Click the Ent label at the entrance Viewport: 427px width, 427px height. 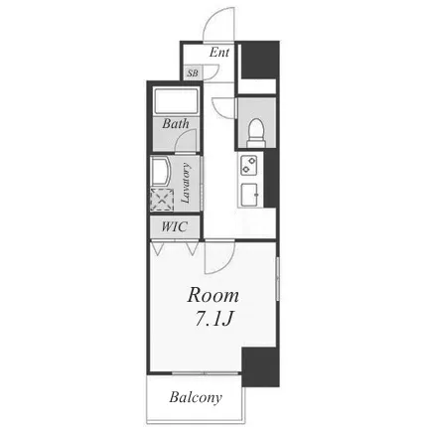tap(219, 53)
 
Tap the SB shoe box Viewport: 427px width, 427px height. tap(193, 72)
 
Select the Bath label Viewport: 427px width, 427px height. tap(176, 124)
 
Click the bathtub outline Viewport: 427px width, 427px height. tap(176, 101)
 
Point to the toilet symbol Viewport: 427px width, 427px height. tap(256, 133)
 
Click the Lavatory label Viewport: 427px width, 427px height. tap(186, 183)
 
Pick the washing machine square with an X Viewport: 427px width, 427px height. tap(162, 200)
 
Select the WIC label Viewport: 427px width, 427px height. tap(175, 226)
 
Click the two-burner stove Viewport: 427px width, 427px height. tap(249, 166)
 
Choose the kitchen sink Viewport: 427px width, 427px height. tap(249, 195)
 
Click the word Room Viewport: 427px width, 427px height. tap(213, 295)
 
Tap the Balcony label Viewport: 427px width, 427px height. tap(196, 397)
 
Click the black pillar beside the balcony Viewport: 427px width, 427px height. tap(260, 366)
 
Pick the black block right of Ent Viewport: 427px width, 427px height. tap(260, 61)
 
